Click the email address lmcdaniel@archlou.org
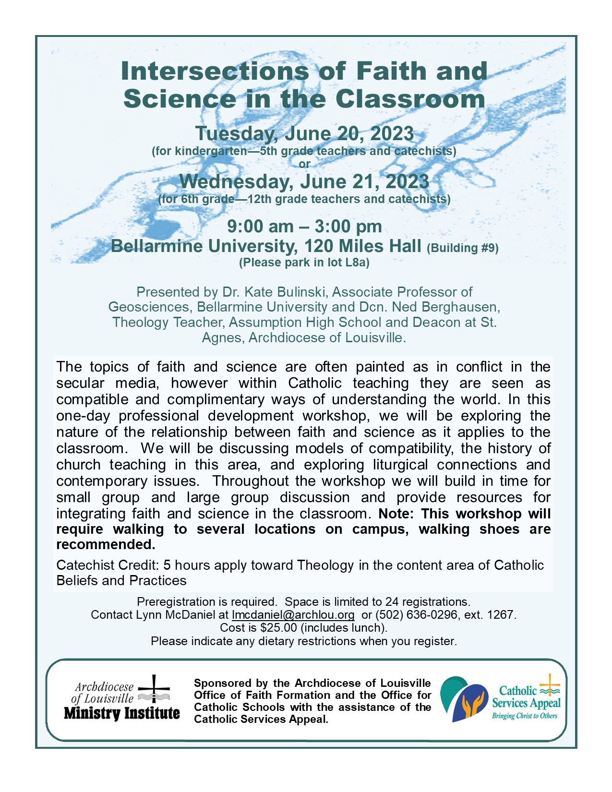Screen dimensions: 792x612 coord(293,615)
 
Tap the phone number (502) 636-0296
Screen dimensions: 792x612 coord(416,615)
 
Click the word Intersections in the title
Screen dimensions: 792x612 coord(214,71)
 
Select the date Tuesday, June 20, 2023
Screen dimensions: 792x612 coord(304,134)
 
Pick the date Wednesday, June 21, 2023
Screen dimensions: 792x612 coord(304,182)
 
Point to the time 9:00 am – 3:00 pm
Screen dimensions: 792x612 coord(304,227)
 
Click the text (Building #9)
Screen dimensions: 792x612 coord(463,248)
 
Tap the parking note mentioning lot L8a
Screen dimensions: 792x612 coord(304,263)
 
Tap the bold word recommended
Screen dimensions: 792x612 coord(106,545)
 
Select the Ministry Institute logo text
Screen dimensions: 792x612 coord(122,713)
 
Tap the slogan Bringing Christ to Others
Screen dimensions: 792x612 coord(525,716)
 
